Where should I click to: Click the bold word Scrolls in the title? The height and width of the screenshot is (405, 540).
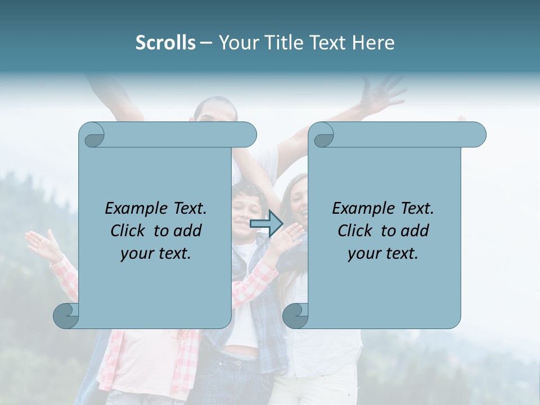(x=165, y=42)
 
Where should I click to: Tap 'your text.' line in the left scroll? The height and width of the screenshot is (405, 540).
(x=156, y=253)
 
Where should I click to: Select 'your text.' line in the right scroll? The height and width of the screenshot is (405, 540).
(x=383, y=253)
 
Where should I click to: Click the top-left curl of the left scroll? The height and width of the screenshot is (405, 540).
(x=92, y=135)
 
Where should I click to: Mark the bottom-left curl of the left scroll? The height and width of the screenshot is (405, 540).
(x=66, y=316)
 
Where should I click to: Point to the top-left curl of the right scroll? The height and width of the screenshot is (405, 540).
(x=322, y=135)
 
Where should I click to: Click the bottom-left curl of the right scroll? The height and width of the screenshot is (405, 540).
(x=295, y=316)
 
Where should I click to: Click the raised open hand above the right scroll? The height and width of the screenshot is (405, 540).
(x=382, y=93)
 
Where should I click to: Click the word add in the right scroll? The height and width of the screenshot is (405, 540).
(x=415, y=231)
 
